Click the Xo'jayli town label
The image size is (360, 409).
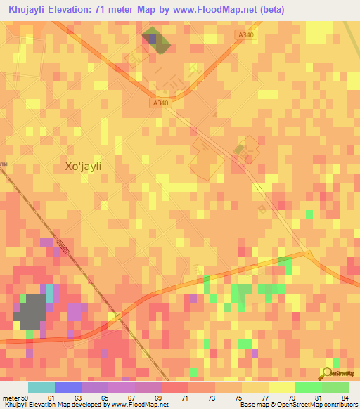[83, 167]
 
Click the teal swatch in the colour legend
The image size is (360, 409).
[41, 387]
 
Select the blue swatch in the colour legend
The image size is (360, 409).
[68, 387]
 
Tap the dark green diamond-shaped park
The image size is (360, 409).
[156, 41]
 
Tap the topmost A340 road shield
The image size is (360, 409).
[245, 34]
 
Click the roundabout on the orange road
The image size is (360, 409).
[306, 254]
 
